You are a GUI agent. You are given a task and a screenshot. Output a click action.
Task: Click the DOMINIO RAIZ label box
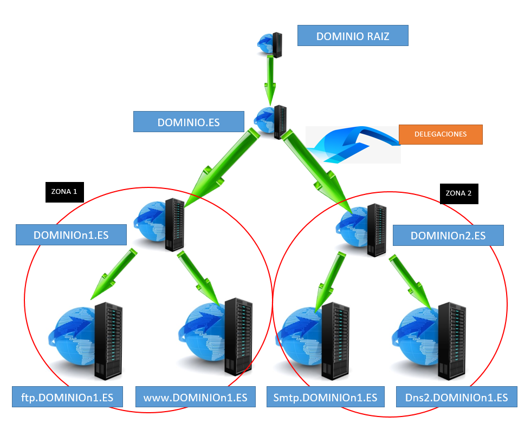pyautogui.click(x=353, y=36)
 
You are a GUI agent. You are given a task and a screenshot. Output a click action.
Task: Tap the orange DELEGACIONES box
pyautogui.click(x=440, y=134)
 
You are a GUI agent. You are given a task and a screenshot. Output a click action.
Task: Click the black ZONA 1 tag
pyautogui.click(x=64, y=192)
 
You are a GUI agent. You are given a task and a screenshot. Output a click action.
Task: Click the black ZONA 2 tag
pyautogui.click(x=458, y=193)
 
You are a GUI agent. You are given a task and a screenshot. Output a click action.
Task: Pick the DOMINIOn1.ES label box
pyautogui.click(x=71, y=235)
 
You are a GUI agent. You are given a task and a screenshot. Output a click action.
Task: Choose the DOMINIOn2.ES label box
pyautogui.click(x=448, y=236)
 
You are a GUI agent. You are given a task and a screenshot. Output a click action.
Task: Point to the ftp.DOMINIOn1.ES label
pyautogui.click(x=68, y=397)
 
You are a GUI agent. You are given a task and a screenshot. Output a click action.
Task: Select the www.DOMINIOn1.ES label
pyautogui.click(x=195, y=397)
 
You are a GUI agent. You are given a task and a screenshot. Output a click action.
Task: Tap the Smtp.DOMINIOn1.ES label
pyautogui.click(x=326, y=397)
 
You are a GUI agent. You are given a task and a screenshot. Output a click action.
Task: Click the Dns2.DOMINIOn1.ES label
pyautogui.click(x=456, y=397)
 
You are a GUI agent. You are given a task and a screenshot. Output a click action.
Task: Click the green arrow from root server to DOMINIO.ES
pyautogui.click(x=271, y=76)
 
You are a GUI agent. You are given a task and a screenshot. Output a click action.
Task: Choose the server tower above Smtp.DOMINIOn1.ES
pyautogui.click(x=335, y=341)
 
